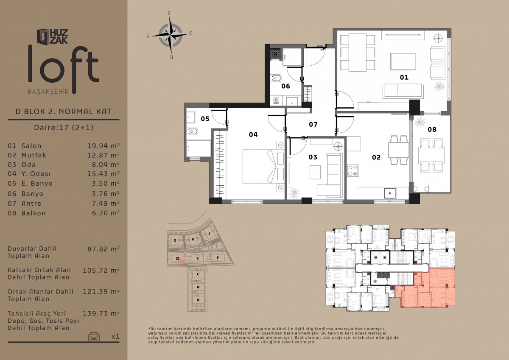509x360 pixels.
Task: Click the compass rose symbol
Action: [171, 35]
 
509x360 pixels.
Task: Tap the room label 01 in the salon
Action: [404, 78]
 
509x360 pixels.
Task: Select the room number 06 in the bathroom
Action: [285, 86]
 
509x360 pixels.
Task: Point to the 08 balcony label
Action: [432, 129]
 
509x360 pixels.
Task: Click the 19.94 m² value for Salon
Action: [103, 146]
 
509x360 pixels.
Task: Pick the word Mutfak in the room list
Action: [34, 155]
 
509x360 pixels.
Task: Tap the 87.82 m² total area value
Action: [103, 249]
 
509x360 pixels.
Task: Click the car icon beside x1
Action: [94, 336]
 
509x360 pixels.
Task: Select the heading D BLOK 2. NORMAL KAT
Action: [64, 112]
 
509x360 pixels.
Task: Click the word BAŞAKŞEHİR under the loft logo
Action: [48, 92]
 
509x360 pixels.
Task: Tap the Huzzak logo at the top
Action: [53, 36]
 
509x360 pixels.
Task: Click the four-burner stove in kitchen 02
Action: [352, 170]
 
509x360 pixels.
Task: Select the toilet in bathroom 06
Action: [276, 78]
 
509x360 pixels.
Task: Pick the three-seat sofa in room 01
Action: [403, 91]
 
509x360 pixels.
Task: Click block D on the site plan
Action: [178, 259]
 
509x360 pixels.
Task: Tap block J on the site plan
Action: [209, 233]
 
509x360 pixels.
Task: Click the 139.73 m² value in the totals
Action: [101, 313]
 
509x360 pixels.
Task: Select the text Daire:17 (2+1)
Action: [64, 127]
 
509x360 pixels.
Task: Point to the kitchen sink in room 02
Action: [390, 193]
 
